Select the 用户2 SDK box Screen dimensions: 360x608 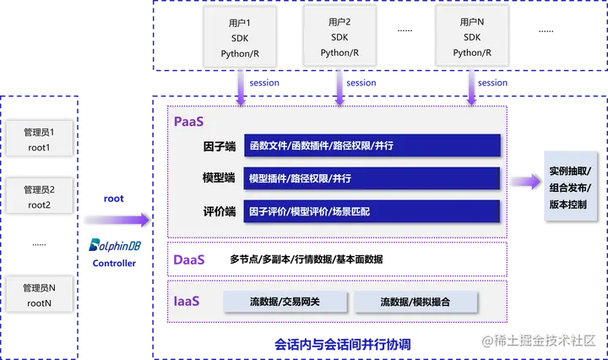(339, 35)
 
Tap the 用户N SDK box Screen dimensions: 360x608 (471, 35)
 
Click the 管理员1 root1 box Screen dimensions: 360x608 (39, 139)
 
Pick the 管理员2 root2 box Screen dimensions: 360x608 (39, 197)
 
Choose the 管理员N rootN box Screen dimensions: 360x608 (39, 295)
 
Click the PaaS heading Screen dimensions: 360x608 (189, 121)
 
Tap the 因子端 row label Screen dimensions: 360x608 (219, 146)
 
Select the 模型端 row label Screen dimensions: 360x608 (219, 178)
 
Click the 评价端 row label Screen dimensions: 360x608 (219, 211)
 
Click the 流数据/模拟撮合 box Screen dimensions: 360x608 (415, 302)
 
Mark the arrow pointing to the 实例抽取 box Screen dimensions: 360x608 (526, 180)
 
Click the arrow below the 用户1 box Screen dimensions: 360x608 (242, 87)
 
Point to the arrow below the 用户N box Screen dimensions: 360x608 (471, 87)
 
